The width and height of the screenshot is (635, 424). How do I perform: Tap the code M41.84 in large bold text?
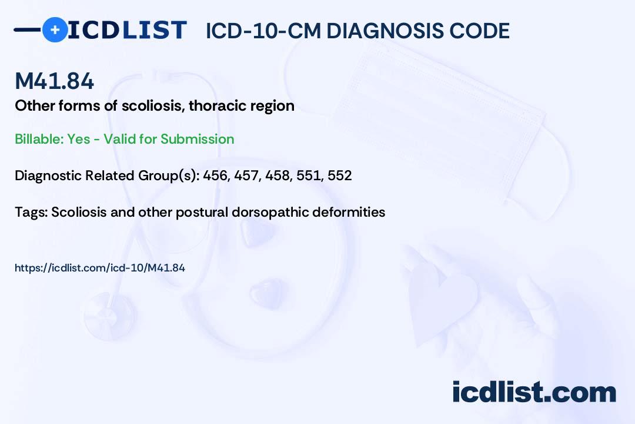(54, 82)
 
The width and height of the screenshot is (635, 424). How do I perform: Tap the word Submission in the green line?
(197, 139)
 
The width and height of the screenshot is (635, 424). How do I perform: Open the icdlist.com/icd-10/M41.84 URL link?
(100, 268)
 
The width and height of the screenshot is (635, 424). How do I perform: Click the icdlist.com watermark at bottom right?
(534, 392)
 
